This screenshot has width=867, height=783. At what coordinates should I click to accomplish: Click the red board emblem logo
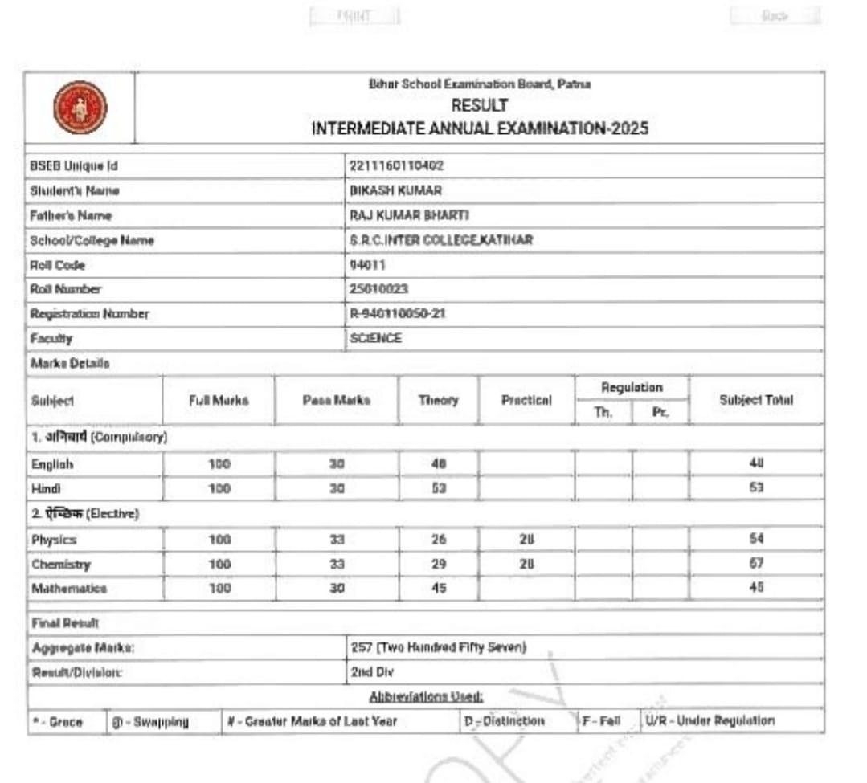point(80,108)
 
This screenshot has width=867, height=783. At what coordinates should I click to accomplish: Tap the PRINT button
point(354,16)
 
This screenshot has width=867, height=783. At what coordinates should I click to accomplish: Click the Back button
point(775,16)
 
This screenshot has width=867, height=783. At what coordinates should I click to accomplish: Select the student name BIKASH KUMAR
point(395,190)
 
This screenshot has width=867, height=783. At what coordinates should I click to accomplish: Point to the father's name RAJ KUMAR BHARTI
point(409,215)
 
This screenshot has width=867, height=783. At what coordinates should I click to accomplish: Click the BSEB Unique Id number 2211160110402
point(397,165)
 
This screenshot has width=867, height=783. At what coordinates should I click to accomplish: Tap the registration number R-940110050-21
point(397,314)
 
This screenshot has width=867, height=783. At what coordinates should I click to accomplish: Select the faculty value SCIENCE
point(375,338)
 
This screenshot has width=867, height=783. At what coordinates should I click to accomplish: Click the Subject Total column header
point(755,400)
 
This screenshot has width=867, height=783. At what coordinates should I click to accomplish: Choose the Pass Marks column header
point(337,400)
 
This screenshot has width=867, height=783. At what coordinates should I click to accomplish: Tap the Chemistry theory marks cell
point(439,565)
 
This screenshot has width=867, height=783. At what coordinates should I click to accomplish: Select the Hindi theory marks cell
point(439,488)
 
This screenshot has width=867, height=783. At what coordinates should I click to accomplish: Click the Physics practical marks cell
point(526,540)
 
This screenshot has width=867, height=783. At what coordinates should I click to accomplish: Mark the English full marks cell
point(219,464)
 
